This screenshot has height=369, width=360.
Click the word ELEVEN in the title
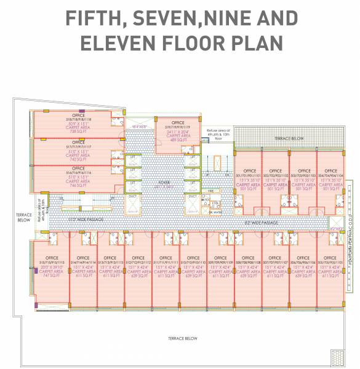118,44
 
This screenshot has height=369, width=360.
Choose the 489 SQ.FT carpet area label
178,140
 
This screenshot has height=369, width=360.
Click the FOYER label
164,182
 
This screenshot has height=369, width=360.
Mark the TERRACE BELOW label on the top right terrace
289,139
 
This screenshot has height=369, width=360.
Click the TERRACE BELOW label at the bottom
183,338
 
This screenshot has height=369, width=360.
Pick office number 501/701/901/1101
250,175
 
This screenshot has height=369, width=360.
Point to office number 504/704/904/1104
330,175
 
